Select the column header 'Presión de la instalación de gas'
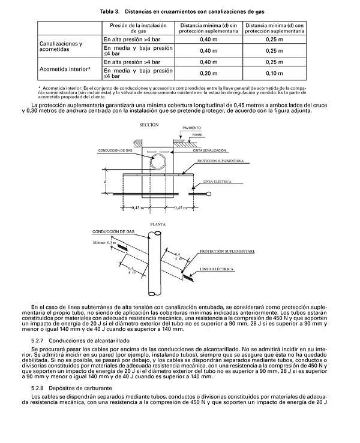138,28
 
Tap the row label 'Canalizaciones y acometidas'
61,47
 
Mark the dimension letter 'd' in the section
105,180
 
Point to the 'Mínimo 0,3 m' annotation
103,242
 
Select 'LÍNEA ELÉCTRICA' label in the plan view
216,270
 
